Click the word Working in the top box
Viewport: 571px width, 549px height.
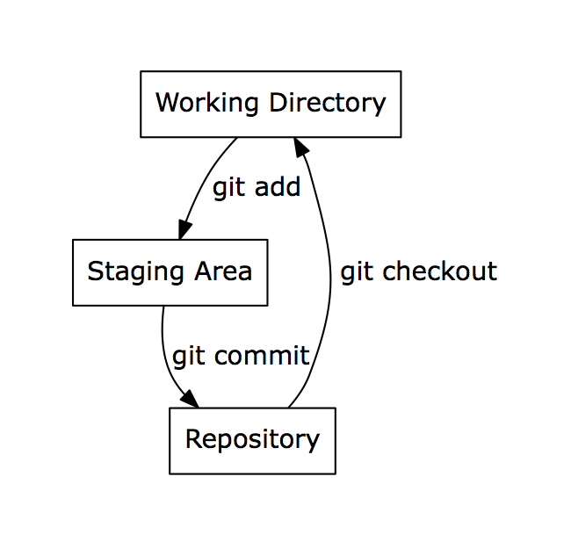pos(206,104)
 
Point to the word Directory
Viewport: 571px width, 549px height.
pos(327,104)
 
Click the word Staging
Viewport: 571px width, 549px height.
pos(135,272)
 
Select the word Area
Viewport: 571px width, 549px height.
pos(223,271)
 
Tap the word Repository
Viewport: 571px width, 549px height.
pos(252,440)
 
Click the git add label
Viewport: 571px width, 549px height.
pos(257,188)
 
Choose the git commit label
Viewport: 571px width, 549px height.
pos(241,357)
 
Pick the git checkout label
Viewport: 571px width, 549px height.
pos(419,272)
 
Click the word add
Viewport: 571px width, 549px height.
pos(278,186)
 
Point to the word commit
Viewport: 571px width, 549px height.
pos(262,355)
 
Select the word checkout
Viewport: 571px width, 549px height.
pos(440,271)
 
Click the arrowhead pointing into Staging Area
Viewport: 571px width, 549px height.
pos(184,229)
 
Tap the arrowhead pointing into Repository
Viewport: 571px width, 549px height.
pos(190,399)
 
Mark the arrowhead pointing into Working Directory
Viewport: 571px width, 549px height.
pos(300,147)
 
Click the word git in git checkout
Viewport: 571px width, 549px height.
pos(357,272)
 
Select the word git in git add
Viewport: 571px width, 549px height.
pos(228,188)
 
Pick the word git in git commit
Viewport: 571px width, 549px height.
pos(188,357)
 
